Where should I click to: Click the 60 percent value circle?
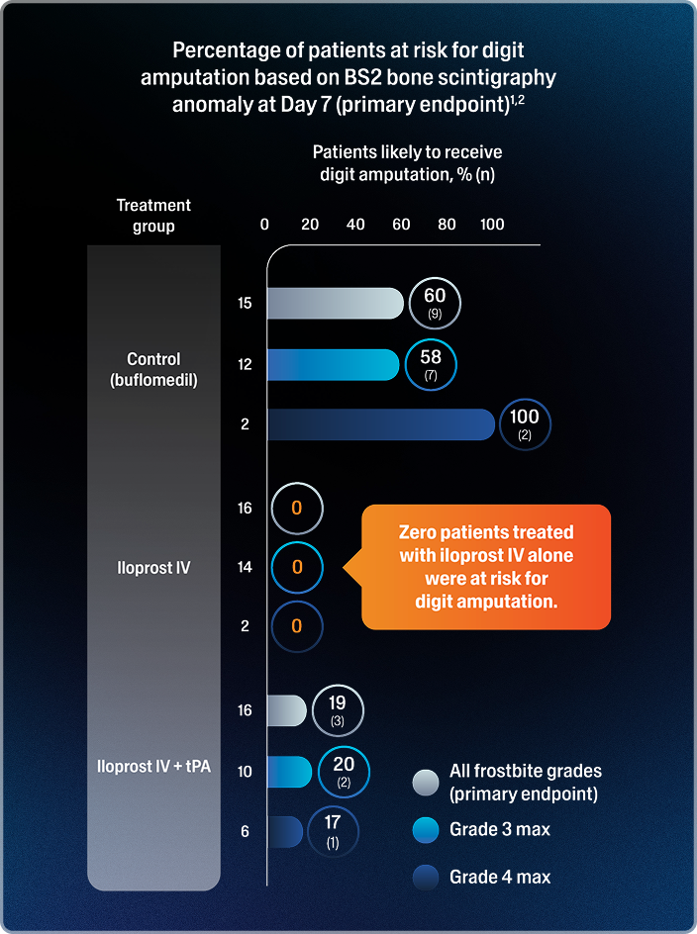pyautogui.click(x=435, y=303)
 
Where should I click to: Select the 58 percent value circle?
pyautogui.click(x=431, y=364)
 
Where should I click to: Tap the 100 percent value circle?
pyautogui.click(x=525, y=424)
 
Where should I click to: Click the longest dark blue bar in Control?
pyautogui.click(x=381, y=424)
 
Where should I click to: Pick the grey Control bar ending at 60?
pyautogui.click(x=335, y=304)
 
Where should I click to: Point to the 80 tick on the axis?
pyautogui.click(x=447, y=225)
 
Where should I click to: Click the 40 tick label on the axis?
pyautogui.click(x=355, y=225)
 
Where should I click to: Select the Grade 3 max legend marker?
pyautogui.click(x=425, y=830)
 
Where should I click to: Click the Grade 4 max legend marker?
pyautogui.click(x=425, y=877)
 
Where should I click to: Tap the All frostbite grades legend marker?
pyautogui.click(x=425, y=783)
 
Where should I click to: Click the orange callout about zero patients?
pyautogui.click(x=486, y=567)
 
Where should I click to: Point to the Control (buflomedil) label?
pyautogui.click(x=153, y=368)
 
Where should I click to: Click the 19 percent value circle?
pyautogui.click(x=338, y=710)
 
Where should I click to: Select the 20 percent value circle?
pyautogui.click(x=343, y=771)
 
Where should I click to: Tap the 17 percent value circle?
pyautogui.click(x=333, y=831)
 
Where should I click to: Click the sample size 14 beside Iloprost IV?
pyautogui.click(x=245, y=568)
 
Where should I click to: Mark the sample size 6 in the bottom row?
pyautogui.click(x=245, y=832)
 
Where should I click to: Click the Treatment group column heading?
pyautogui.click(x=153, y=216)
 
